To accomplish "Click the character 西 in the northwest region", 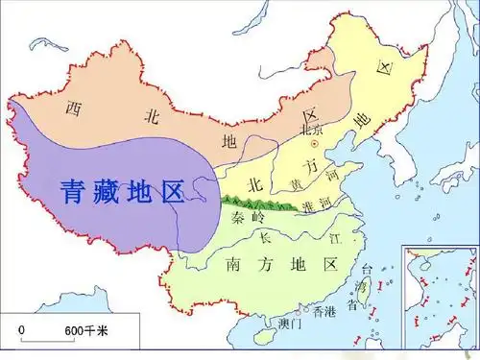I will [73, 109].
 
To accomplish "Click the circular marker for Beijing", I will [311, 141].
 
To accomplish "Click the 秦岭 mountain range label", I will [249, 218].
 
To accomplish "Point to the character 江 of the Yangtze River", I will [333, 234].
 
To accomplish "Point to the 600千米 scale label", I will [87, 331].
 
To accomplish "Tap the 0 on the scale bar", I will [21, 330].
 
